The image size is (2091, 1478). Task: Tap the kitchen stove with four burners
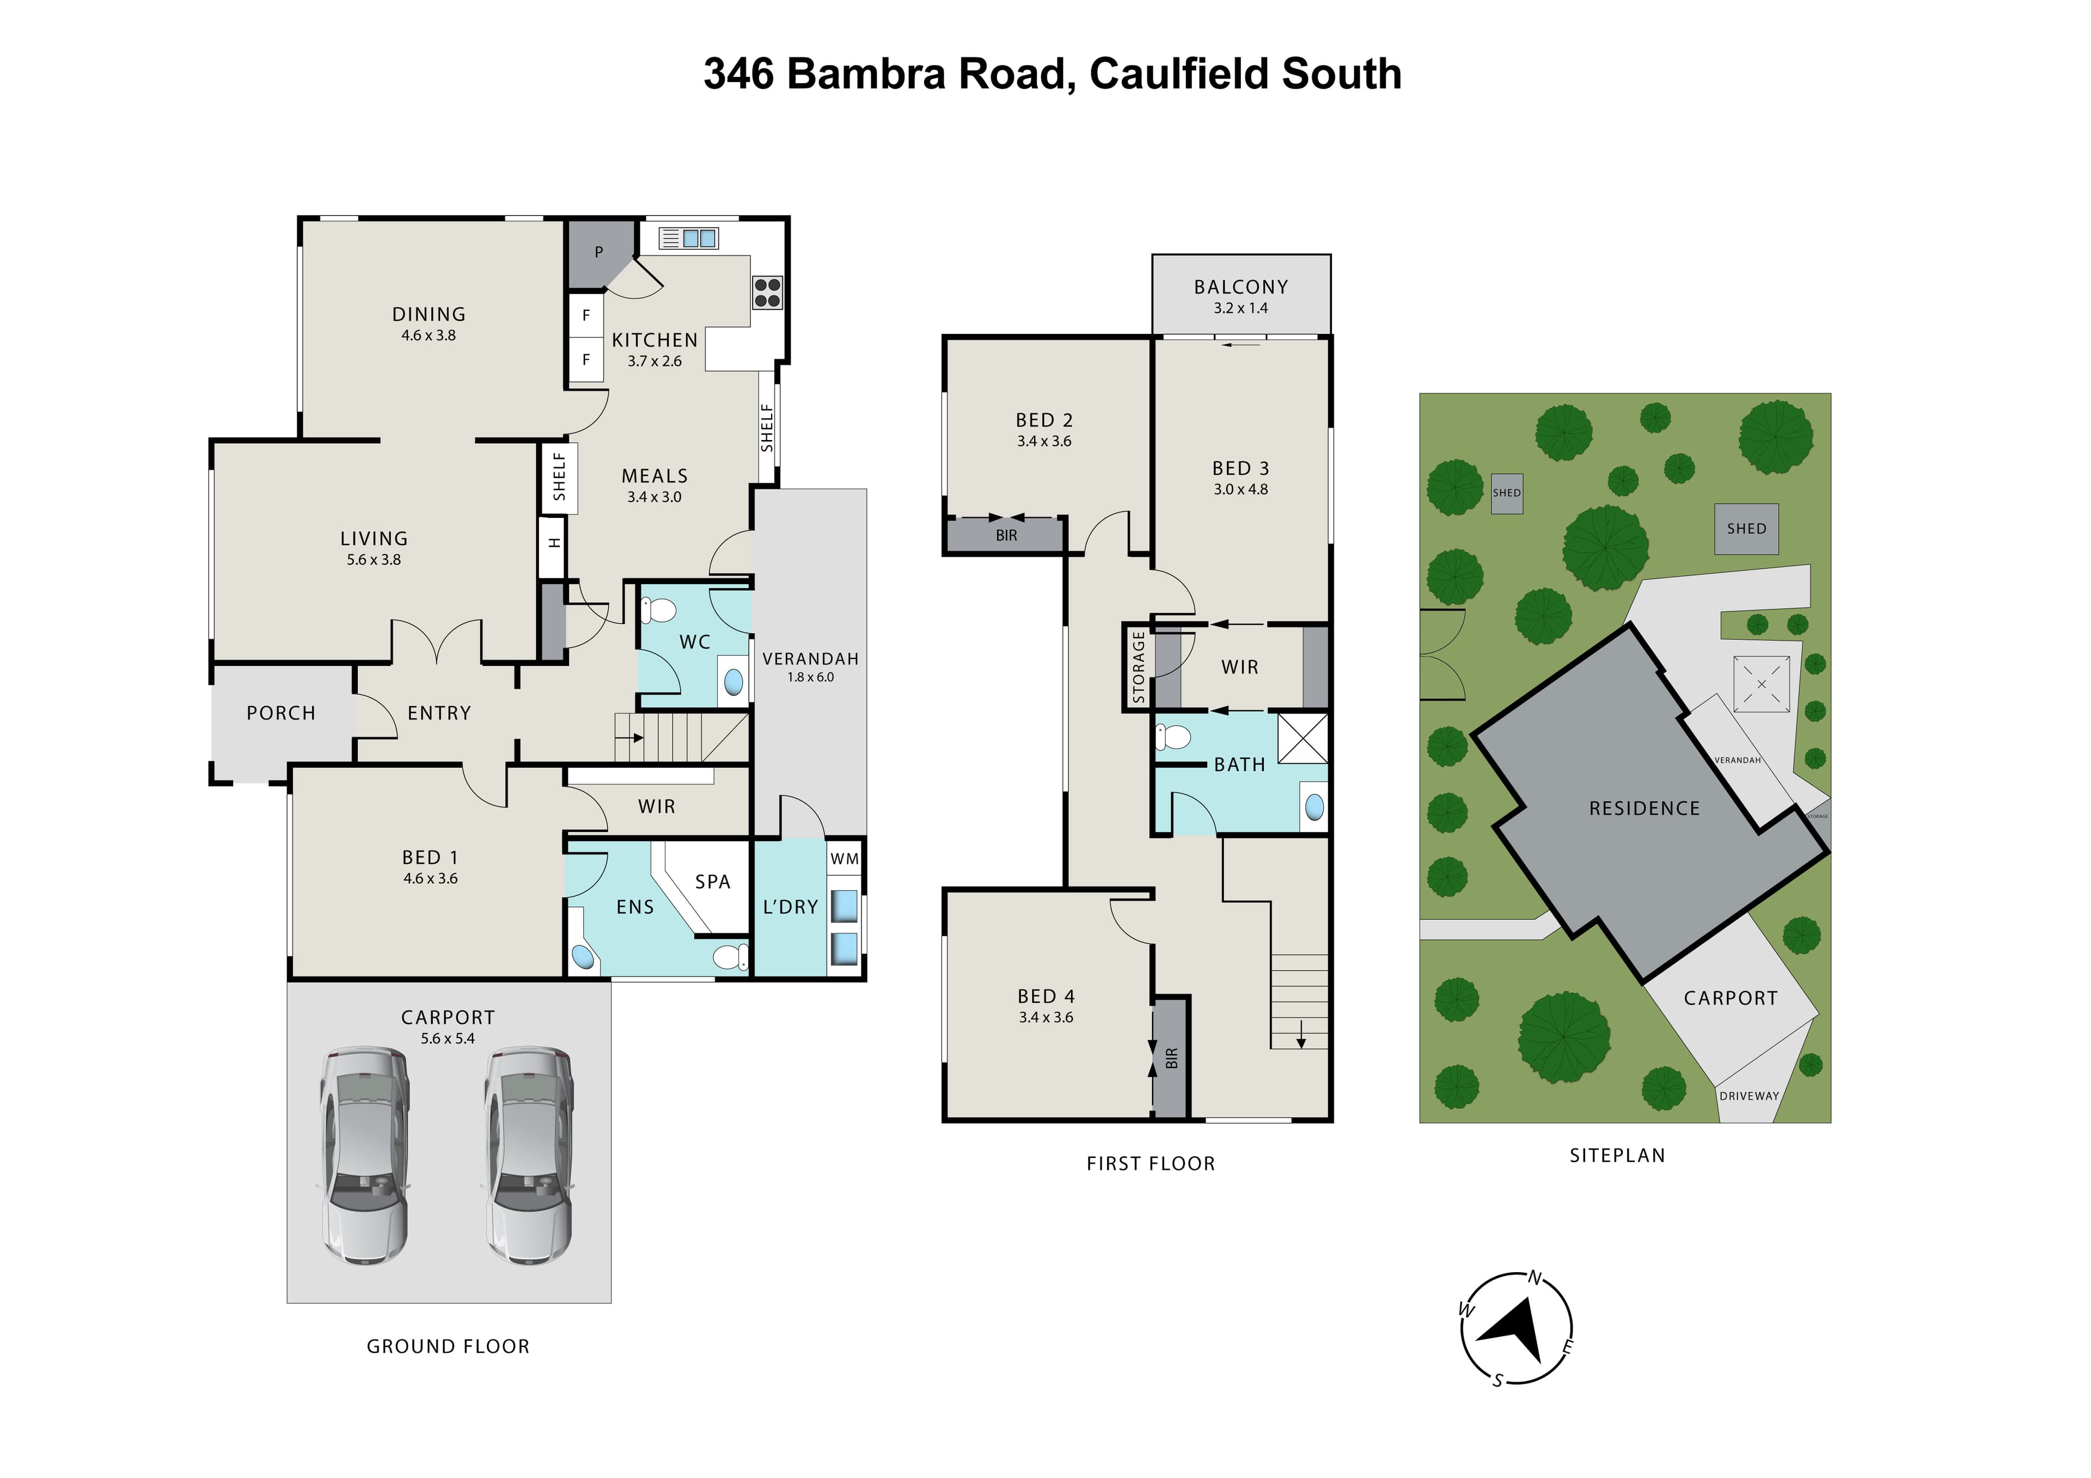point(767,292)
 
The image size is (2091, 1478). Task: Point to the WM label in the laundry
point(844,859)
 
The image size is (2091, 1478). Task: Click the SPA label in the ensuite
point(712,882)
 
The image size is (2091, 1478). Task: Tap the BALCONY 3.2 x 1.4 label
point(1240,296)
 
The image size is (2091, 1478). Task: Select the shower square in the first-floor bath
point(1303,737)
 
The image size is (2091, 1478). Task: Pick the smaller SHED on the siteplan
point(1506,493)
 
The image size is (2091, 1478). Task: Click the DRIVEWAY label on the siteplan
point(1748,1096)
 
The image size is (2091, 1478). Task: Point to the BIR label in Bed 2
point(1006,535)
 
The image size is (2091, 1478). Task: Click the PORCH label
point(280,713)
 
